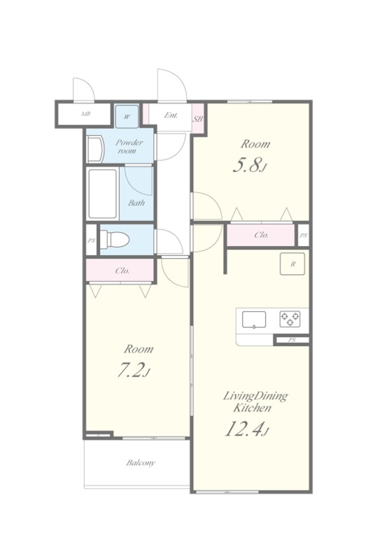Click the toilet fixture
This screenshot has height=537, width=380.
115,238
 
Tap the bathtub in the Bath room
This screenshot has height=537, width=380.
102,194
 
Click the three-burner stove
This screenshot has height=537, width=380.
290,319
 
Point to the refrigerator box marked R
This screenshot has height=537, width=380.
293,264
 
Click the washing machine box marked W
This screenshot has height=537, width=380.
127,117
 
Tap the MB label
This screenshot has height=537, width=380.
85,114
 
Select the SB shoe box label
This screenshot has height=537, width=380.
198,119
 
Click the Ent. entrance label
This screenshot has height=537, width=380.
171,115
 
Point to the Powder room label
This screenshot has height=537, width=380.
129,147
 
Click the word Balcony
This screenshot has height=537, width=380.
141,463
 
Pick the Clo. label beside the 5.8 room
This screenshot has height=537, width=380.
262,235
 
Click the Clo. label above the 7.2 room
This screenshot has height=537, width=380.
122,271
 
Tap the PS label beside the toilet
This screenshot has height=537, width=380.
91,241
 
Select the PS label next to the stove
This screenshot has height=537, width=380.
292,340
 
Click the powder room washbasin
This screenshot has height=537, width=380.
96,150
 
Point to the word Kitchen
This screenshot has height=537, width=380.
253,408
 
